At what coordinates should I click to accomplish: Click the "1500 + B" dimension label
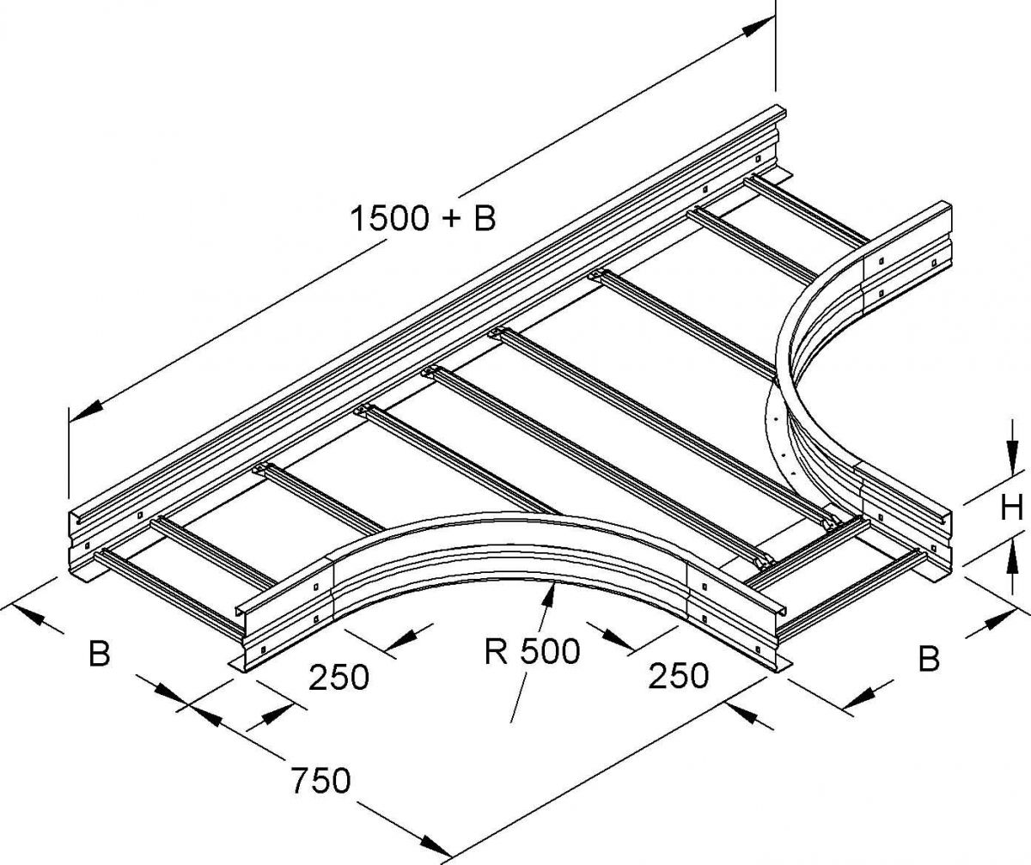tap(423, 218)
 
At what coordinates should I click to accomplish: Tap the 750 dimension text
tap(319, 781)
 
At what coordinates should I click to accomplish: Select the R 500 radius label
tap(532, 651)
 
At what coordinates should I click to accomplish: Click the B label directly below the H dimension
tap(928, 659)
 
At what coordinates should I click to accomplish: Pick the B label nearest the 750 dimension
tap(100, 655)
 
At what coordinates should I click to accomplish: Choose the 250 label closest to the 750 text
tap(339, 678)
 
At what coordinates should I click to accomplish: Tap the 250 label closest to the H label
tap(678, 676)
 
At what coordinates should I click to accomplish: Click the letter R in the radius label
tap(494, 651)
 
